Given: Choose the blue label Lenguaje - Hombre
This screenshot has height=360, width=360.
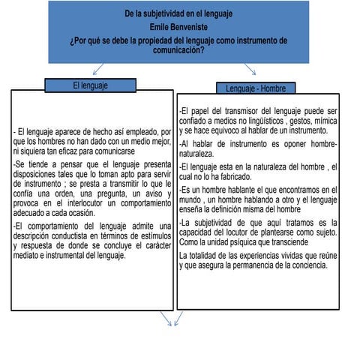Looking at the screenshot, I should point(255,88).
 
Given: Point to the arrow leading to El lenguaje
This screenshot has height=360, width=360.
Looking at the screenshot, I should point(98,70).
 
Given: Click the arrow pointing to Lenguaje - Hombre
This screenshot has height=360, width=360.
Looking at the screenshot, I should point(250,70).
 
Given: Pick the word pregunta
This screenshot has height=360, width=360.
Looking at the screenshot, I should point(98,193).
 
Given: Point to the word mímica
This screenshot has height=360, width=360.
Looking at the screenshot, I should point(324,121).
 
